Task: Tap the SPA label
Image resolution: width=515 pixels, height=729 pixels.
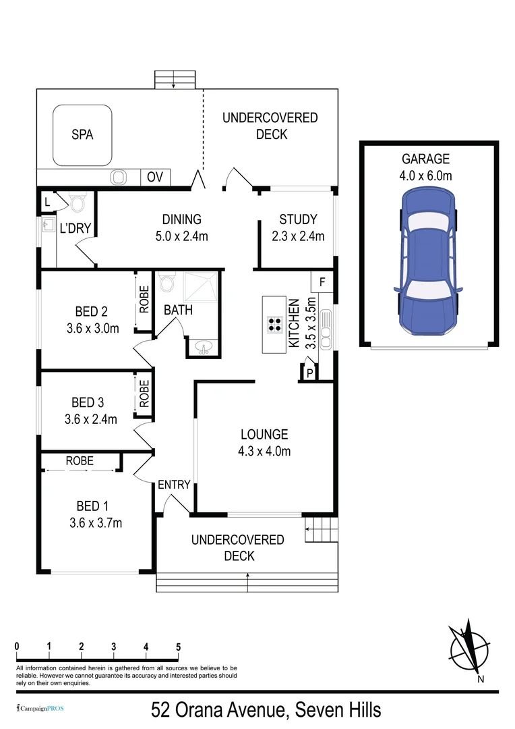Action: pyautogui.click(x=82, y=134)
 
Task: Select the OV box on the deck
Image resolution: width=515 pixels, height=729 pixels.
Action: pyautogui.click(x=155, y=178)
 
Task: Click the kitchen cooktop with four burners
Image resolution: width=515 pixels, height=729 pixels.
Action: pyautogui.click(x=275, y=324)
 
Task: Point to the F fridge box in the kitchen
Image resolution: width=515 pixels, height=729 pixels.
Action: pyautogui.click(x=322, y=281)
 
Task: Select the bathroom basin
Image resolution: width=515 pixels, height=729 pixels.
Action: pyautogui.click(x=203, y=348)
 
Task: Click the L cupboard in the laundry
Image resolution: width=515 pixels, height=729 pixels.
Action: pyautogui.click(x=47, y=201)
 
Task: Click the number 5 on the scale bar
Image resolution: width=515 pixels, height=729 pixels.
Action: pyautogui.click(x=178, y=647)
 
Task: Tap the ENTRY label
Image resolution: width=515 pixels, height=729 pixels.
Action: pyautogui.click(x=174, y=485)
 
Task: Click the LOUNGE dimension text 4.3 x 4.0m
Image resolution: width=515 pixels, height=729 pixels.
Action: pyautogui.click(x=264, y=452)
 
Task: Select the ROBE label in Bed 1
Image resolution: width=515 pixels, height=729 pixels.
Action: pyautogui.click(x=80, y=461)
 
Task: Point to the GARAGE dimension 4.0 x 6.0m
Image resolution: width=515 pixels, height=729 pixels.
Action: pyautogui.click(x=425, y=175)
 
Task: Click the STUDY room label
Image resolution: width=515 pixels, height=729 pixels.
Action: pyautogui.click(x=297, y=219)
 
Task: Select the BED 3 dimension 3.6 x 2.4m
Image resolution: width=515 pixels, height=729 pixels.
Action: pyautogui.click(x=90, y=419)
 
